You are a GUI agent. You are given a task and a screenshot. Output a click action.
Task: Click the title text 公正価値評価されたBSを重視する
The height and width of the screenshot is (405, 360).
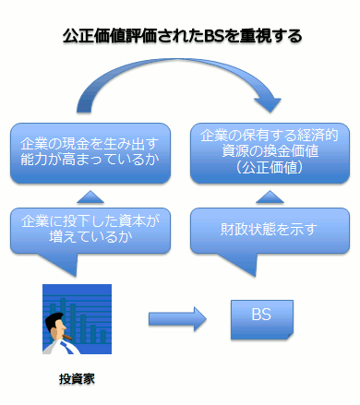[x=182, y=36]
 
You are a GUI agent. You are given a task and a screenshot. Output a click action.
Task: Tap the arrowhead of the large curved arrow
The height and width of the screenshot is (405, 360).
[x=268, y=104]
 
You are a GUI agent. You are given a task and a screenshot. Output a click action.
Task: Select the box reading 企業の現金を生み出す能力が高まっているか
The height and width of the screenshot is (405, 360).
[x=90, y=153]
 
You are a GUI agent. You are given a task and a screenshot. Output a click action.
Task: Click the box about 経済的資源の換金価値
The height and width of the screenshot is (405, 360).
[x=270, y=153]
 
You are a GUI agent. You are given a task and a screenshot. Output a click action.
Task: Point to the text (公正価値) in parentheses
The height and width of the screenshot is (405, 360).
[x=270, y=168]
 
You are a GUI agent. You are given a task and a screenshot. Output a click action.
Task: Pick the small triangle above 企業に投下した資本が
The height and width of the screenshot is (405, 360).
[x=90, y=197]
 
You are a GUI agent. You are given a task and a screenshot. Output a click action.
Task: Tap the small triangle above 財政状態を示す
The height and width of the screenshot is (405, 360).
[x=270, y=197]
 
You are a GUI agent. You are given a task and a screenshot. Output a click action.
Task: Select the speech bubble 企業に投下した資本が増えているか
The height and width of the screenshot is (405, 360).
[x=90, y=231]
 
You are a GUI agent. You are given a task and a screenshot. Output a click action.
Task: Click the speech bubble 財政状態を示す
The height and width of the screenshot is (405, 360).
[x=270, y=231]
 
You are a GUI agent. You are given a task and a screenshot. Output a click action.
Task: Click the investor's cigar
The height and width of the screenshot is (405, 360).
[x=67, y=338]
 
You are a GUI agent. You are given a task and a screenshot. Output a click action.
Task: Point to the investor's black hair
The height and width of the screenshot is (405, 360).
[x=53, y=321]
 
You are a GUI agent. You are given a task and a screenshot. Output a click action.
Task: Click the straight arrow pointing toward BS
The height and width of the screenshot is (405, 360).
[x=177, y=319]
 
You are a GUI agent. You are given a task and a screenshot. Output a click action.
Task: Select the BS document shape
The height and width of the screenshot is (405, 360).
[x=262, y=320]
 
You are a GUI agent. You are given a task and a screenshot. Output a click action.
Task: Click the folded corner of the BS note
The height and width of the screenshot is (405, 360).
[x=290, y=336]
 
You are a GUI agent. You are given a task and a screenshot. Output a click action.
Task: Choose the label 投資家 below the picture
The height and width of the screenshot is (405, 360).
[x=77, y=379]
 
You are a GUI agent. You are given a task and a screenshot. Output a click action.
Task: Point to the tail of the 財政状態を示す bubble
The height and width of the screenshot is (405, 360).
[x=243, y=265]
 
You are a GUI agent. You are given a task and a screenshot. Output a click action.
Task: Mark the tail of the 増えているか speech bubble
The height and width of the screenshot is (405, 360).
[x=63, y=265]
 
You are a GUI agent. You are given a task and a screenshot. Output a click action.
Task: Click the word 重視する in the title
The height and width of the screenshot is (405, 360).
[x=270, y=36]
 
